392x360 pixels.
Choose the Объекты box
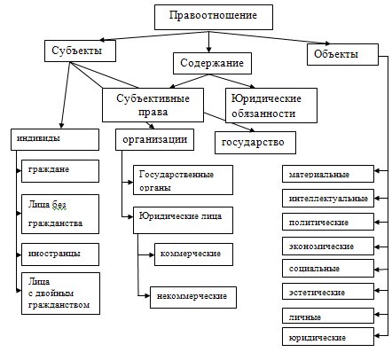click(338, 55)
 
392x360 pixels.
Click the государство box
click(255, 141)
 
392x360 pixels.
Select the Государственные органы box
click(182, 179)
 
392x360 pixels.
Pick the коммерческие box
click(186, 254)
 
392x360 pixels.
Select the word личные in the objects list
click(306, 317)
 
